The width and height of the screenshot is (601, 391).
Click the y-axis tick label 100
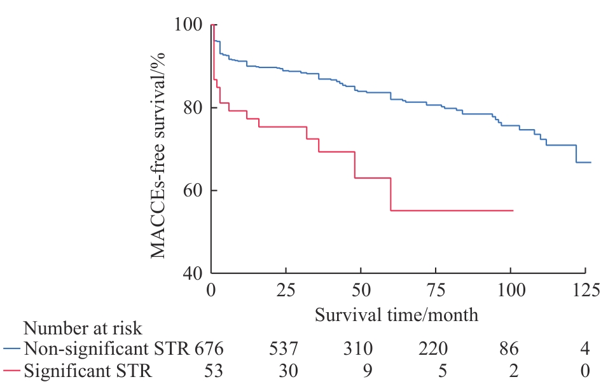point(189,25)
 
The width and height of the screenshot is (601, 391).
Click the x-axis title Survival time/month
point(396,314)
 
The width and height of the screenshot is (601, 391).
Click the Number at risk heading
point(83,329)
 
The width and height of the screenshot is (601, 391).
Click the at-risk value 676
point(210,349)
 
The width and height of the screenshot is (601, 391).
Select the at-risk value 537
point(286,349)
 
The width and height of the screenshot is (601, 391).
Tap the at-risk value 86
point(509,349)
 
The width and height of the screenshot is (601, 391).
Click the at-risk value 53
point(210,371)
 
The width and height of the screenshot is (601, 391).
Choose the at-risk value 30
point(286,371)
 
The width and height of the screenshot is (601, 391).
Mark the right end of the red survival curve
point(513,210)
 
